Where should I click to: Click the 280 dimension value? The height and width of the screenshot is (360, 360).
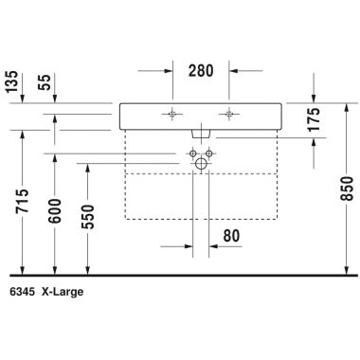(x=201, y=70)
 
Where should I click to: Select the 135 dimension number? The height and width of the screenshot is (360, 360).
(x=12, y=81)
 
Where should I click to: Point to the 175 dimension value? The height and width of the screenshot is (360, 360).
(x=314, y=119)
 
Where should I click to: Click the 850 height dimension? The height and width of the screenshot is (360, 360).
(x=348, y=189)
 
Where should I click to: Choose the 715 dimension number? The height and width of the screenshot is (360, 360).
(x=22, y=201)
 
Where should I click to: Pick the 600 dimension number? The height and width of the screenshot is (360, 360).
(x=55, y=211)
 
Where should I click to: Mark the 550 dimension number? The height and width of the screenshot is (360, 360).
(x=88, y=217)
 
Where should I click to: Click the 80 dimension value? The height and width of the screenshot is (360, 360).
(x=231, y=236)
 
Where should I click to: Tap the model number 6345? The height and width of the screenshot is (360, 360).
(x=22, y=292)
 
